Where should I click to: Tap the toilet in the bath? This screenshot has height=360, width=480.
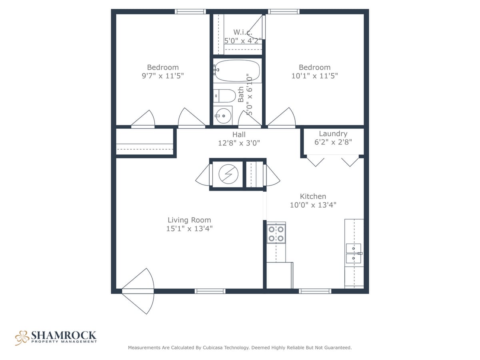[225, 96]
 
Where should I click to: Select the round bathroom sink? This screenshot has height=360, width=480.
[223, 116]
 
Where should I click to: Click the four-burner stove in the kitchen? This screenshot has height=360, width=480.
[276, 234]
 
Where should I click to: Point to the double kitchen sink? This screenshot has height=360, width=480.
[354, 253]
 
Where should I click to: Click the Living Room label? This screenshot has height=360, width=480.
[189, 220]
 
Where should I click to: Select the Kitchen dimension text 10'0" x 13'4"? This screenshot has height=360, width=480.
[313, 205]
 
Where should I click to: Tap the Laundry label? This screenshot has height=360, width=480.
[333, 134]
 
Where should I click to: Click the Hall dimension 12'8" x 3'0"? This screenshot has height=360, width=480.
[239, 143]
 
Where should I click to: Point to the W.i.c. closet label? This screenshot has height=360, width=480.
[242, 32]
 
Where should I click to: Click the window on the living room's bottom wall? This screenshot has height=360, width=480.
[210, 291]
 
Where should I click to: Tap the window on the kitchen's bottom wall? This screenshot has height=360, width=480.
[315, 291]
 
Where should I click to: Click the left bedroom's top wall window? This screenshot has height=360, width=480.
[190, 12]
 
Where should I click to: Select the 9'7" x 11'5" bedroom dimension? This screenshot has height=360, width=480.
[163, 76]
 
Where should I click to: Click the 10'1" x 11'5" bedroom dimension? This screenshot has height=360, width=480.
[314, 76]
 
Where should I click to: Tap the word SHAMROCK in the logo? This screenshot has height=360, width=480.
[64, 335]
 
